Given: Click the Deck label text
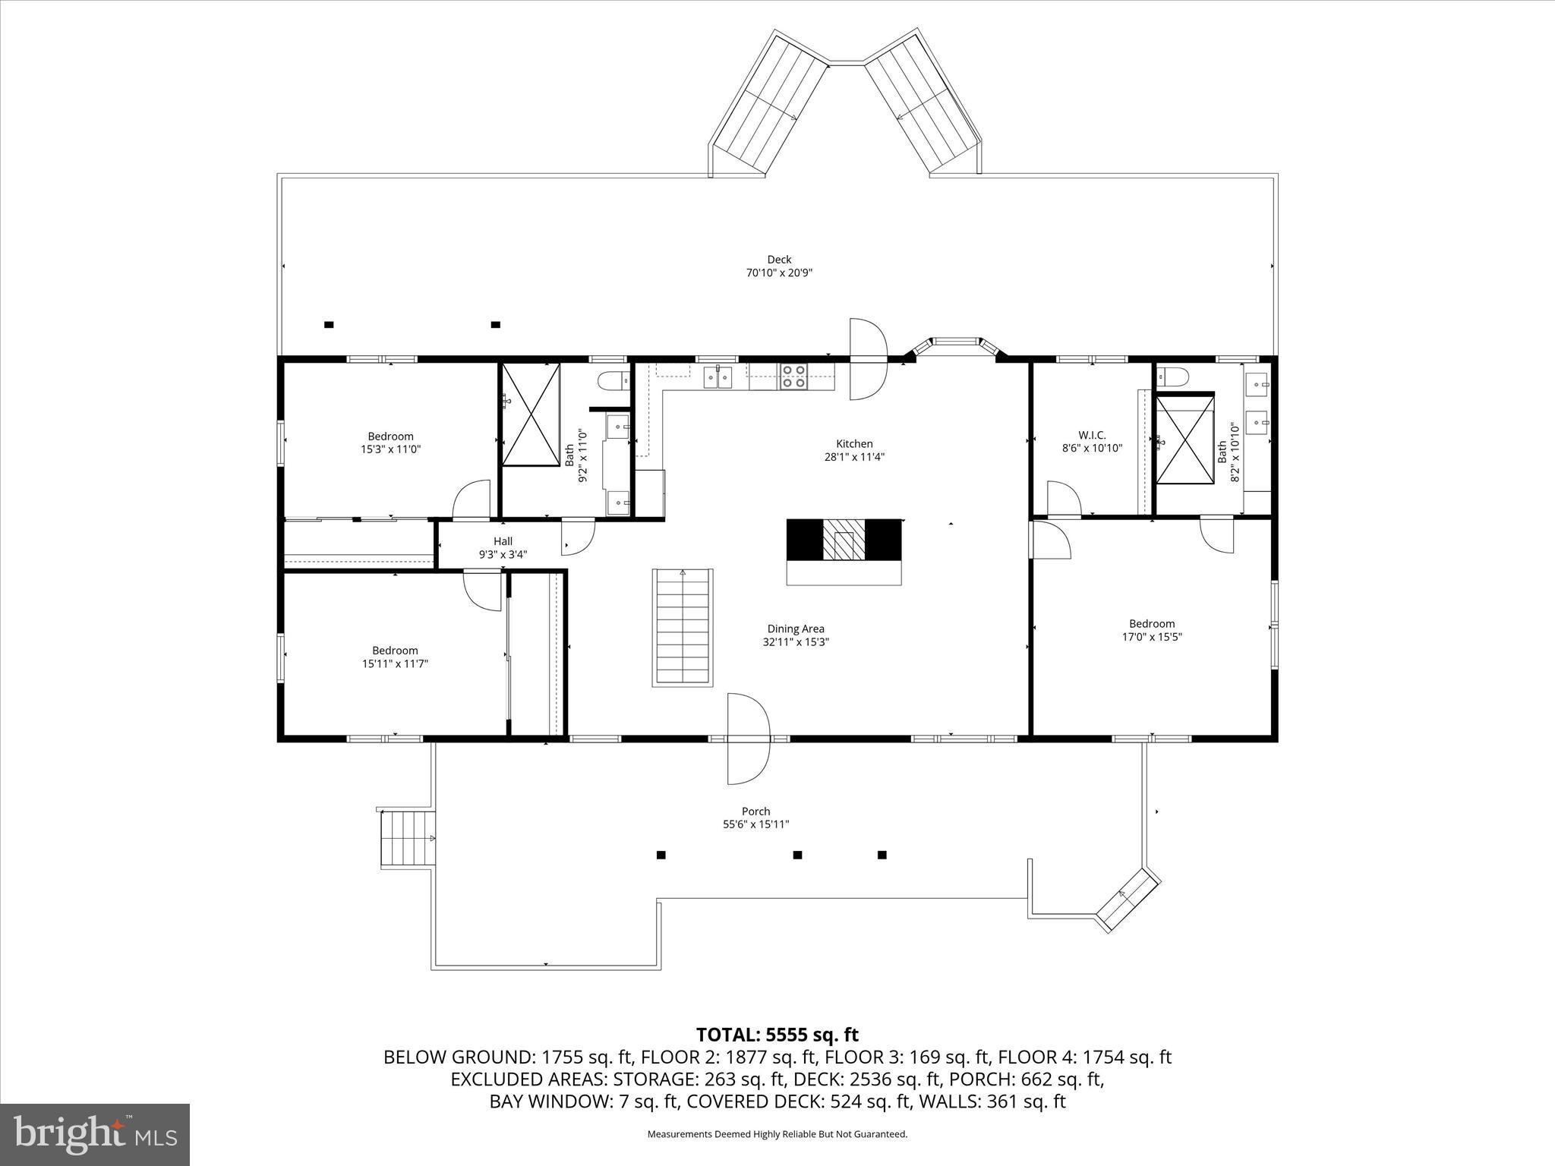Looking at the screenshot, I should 779,260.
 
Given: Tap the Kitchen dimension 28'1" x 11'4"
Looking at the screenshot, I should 854,457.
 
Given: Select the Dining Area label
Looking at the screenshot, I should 795,629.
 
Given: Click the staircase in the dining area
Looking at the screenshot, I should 682,627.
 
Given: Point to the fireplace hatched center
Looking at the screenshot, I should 844,540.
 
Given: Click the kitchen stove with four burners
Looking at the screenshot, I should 794,377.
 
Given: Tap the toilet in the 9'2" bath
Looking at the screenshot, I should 612,380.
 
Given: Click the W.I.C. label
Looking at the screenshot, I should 1092,435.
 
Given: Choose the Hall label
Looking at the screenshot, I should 503,541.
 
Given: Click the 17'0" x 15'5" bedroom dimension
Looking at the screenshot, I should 1152,637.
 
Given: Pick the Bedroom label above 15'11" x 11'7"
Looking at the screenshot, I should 395,651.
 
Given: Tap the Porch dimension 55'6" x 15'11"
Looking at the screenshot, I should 755,824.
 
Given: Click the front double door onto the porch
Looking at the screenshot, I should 748,739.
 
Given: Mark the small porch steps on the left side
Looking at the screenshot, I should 407,838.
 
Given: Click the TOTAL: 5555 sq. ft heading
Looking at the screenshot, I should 777,1035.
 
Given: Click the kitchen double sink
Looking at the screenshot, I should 717,376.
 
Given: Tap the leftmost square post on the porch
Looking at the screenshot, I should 661,855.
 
